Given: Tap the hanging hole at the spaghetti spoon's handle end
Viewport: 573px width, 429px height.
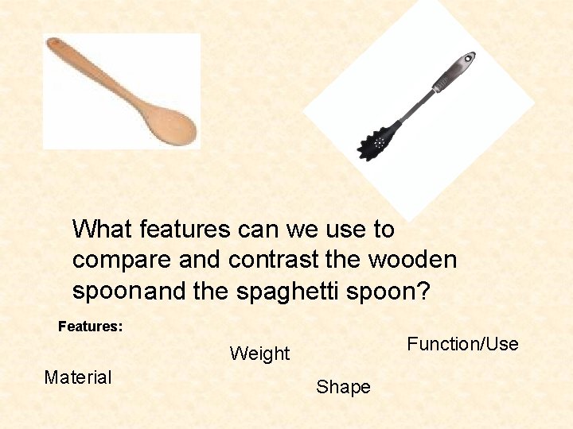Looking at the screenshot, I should [470, 58].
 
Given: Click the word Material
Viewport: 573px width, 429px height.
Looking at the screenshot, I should [78, 377].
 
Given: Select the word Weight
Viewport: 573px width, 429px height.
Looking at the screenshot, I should [260, 354].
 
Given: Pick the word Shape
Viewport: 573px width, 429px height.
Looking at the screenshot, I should [343, 387].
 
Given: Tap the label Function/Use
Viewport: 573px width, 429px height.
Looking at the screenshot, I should [462, 344].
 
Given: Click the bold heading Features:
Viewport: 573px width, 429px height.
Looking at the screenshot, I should [91, 326].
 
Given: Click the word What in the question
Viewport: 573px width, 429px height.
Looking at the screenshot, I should [103, 230].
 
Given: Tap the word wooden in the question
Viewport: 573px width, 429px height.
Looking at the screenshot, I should [413, 260].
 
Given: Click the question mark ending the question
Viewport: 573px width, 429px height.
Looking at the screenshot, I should [423, 292].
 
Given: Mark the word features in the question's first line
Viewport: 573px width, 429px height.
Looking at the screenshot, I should [185, 230].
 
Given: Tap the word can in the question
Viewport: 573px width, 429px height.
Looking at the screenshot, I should [259, 230].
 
